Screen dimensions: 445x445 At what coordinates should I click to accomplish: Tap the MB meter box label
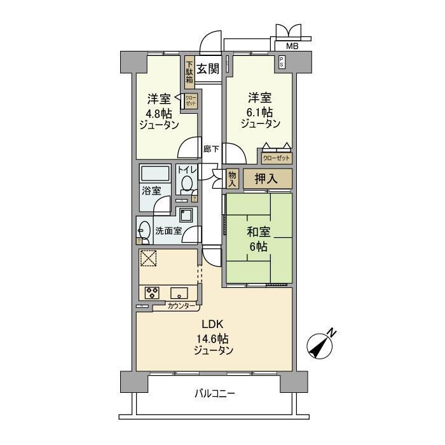coord(291,46)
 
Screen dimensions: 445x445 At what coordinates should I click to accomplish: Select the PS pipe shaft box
coord(282,62)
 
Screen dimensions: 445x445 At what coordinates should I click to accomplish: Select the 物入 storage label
coord(232,178)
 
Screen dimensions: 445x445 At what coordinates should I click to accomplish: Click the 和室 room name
coord(257,233)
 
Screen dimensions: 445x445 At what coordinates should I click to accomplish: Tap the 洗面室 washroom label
coord(169,231)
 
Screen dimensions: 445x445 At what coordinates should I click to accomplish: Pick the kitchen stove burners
coord(153,293)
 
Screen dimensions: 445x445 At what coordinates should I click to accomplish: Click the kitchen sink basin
coord(179,293)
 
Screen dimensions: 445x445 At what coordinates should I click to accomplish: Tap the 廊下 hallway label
coord(211,149)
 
